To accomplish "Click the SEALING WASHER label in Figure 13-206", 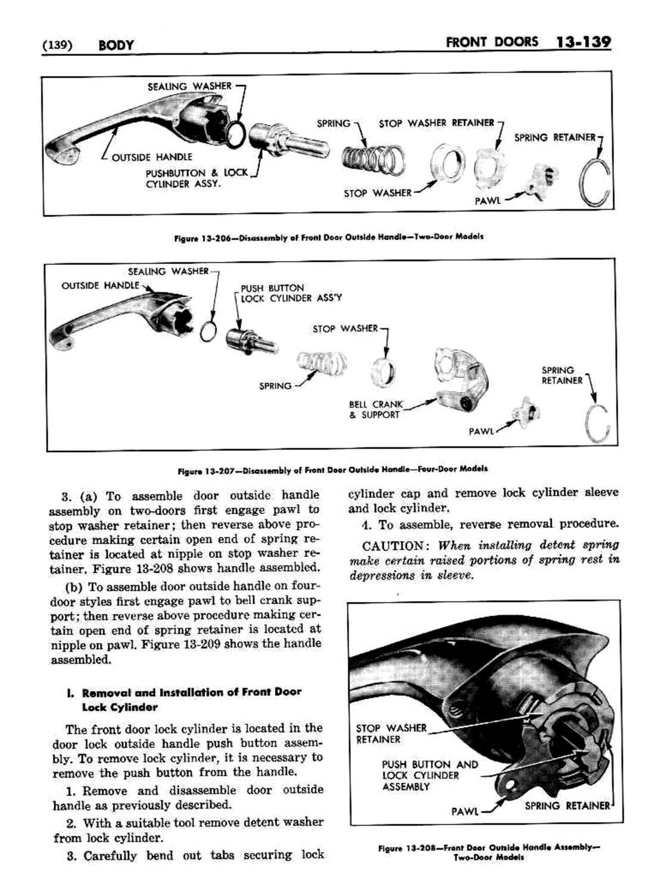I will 189,86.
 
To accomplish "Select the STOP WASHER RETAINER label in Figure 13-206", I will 437,123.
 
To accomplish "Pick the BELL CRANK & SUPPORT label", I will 375,409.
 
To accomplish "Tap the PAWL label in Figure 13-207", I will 481,431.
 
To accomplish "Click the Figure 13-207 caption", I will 332,469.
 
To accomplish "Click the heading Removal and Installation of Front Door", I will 191,693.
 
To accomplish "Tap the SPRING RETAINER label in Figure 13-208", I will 567,806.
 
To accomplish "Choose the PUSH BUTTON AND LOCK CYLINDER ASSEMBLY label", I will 429,775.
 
